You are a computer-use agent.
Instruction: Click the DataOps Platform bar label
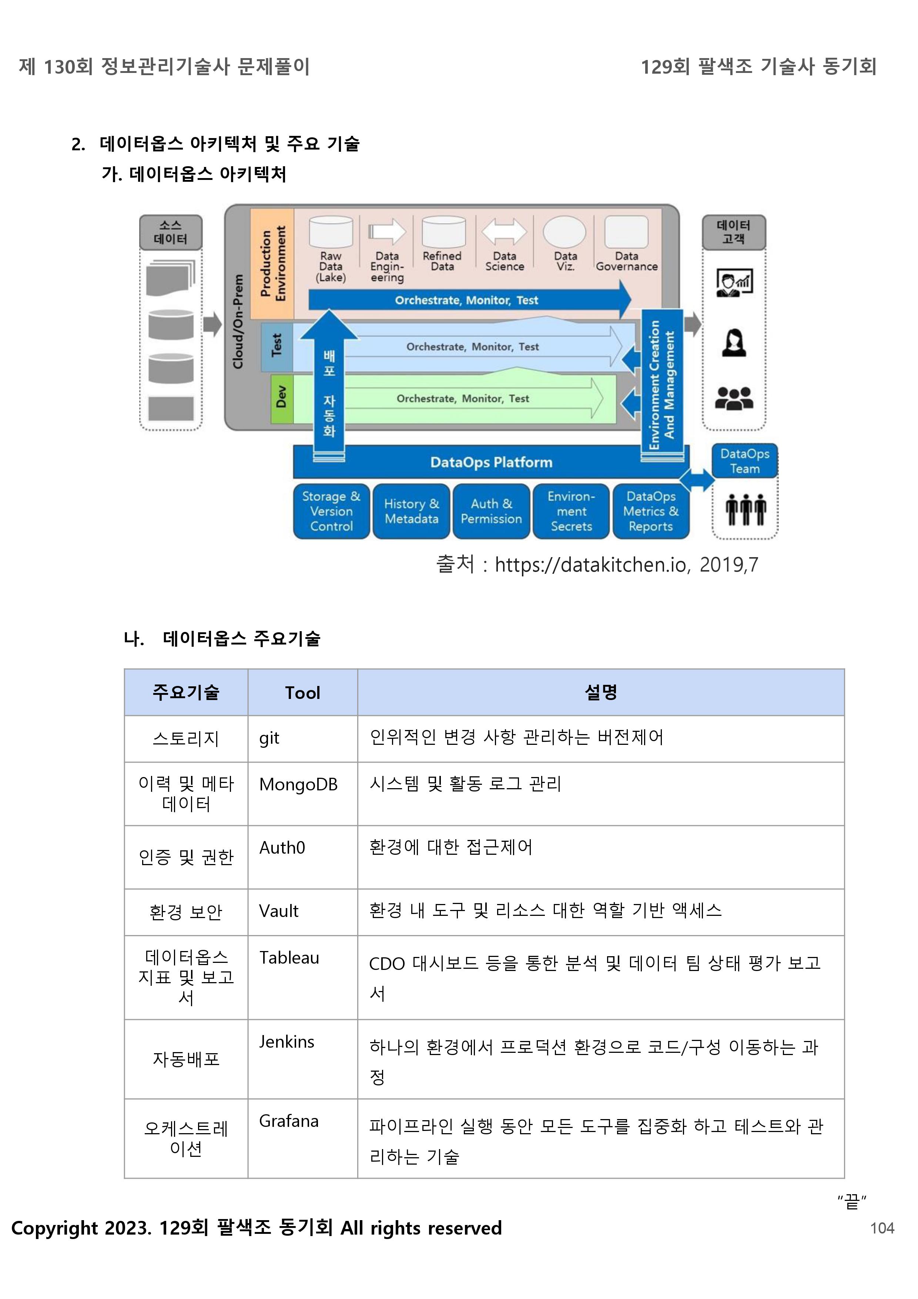coord(491,462)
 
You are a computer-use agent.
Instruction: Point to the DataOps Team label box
coord(744,461)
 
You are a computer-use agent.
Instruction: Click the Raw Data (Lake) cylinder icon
coord(331,232)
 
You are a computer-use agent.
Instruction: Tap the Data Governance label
coord(627,261)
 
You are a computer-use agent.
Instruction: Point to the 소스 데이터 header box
coord(171,232)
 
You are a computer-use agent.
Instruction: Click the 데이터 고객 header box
coord(734,232)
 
